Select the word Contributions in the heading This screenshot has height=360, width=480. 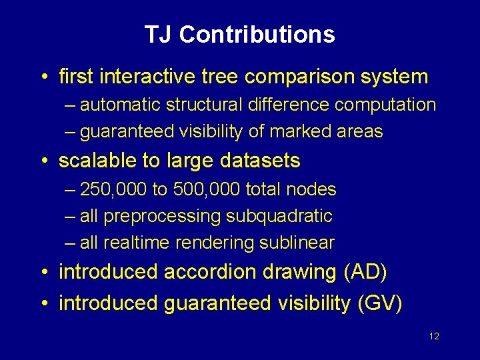257,35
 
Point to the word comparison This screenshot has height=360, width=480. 301,77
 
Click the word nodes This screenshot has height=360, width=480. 313,189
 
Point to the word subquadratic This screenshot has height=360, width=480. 279,217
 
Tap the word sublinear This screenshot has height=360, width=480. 297,243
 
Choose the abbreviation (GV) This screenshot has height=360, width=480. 380,303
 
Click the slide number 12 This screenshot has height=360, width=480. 434,336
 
